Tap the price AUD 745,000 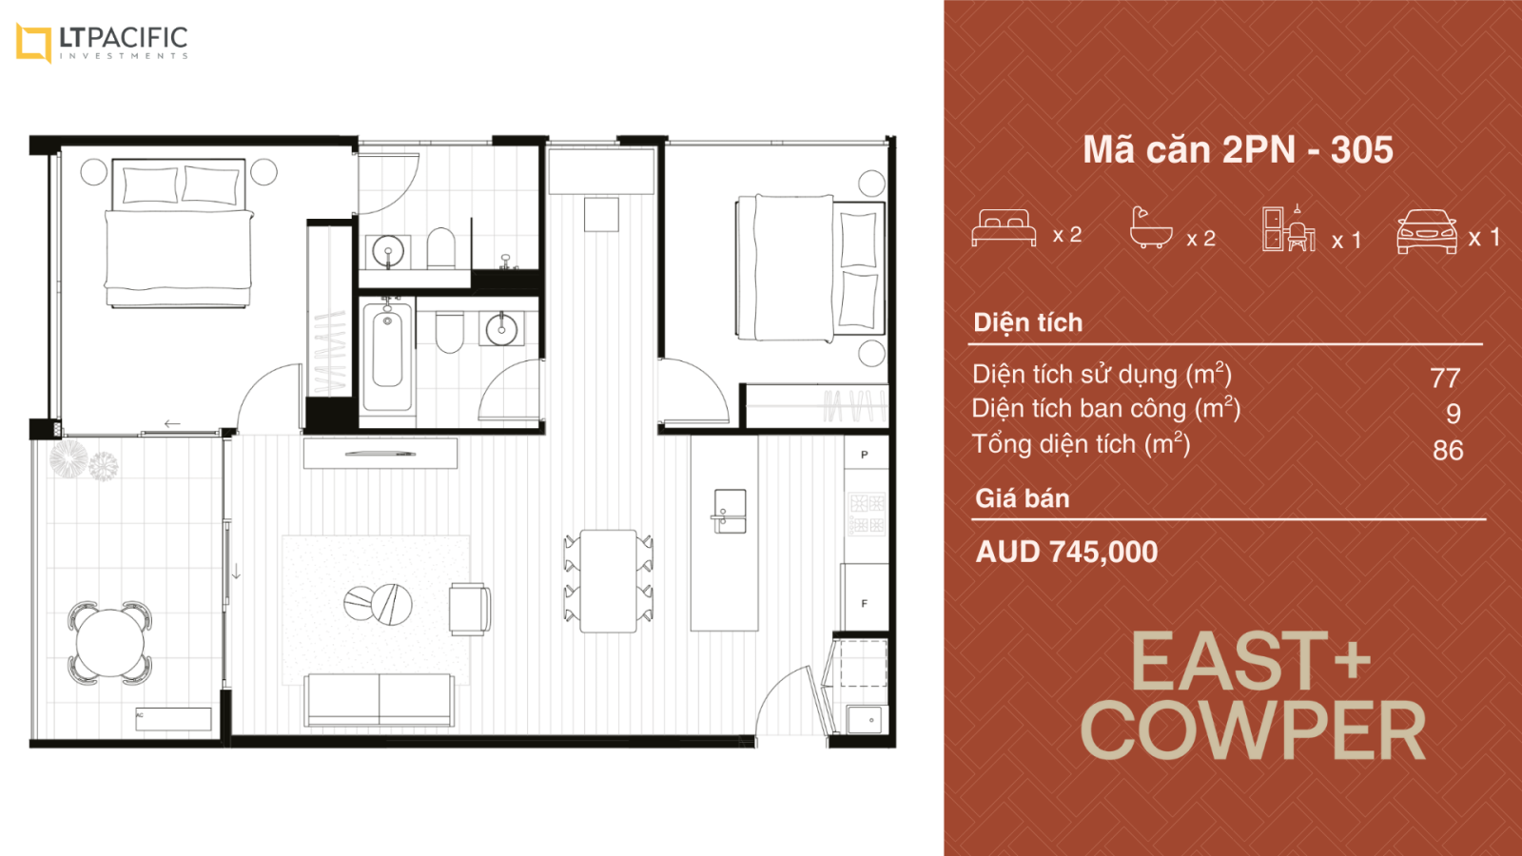pyautogui.click(x=1066, y=552)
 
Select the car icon pyautogui.click(x=1426, y=232)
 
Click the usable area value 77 pyautogui.click(x=1445, y=378)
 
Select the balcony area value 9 pyautogui.click(x=1453, y=413)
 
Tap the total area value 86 pyautogui.click(x=1447, y=450)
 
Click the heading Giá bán pyautogui.click(x=1022, y=498)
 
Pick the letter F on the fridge pyautogui.click(x=865, y=603)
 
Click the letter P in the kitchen pyautogui.click(x=865, y=455)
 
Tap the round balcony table pyautogui.click(x=110, y=643)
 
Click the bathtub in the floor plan pyautogui.click(x=387, y=357)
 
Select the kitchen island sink pyautogui.click(x=729, y=511)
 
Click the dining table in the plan pyautogui.click(x=608, y=581)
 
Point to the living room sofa pyautogui.click(x=380, y=700)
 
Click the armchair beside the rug pyautogui.click(x=469, y=609)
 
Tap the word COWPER pyautogui.click(x=1252, y=731)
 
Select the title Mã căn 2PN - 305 pyautogui.click(x=1238, y=149)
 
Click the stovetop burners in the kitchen pyautogui.click(x=867, y=513)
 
